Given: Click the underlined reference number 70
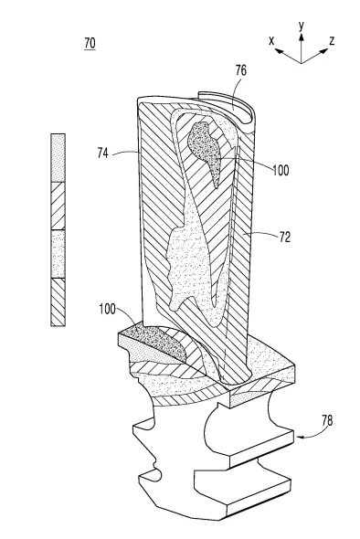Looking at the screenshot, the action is point(90,44).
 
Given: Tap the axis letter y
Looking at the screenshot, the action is point(302,26).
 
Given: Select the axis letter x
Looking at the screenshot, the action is point(271,41).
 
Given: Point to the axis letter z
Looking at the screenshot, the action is point(332,41).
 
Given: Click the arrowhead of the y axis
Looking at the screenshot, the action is point(302,37).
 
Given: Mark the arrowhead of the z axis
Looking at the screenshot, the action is point(324,51).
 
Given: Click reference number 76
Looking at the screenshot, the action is point(240,70).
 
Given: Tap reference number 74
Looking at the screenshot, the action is point(103,153).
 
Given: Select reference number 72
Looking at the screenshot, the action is point(285,237).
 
